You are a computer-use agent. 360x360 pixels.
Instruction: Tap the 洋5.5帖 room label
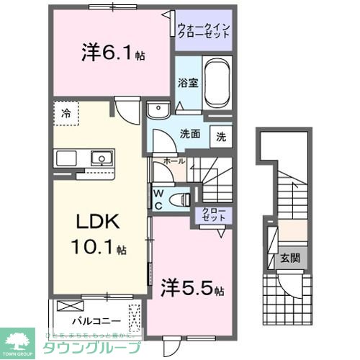click(x=192, y=288)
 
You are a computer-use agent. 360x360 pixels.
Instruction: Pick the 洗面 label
click(x=189, y=133)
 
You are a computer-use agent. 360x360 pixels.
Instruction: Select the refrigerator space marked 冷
click(x=66, y=113)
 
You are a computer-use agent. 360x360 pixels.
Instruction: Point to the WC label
click(x=158, y=197)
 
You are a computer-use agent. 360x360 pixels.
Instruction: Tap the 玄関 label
click(x=289, y=258)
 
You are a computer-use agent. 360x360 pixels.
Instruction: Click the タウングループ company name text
click(x=96, y=345)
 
